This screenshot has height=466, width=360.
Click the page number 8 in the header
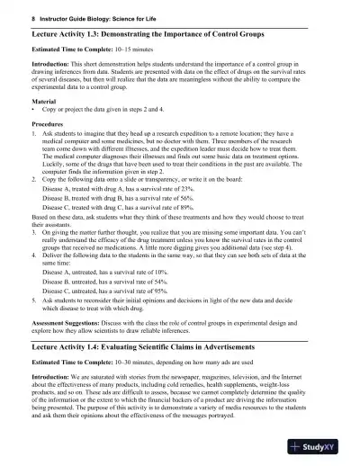click(20, 17)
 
